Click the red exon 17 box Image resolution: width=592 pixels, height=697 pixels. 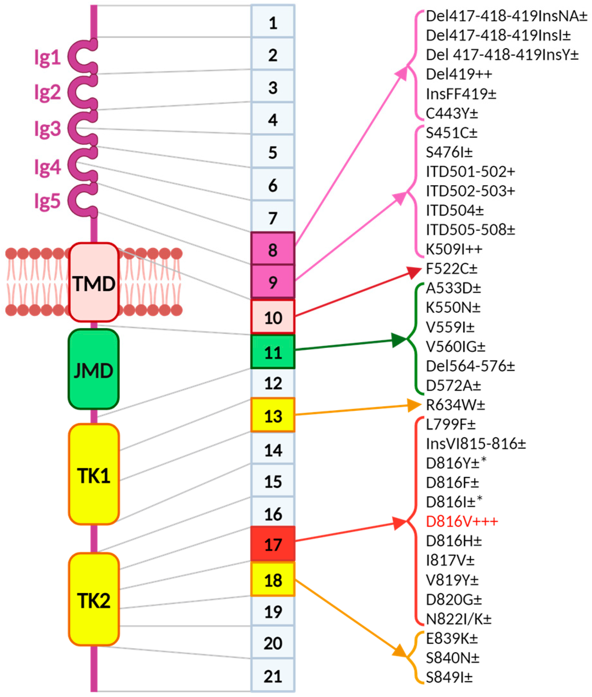[272, 544]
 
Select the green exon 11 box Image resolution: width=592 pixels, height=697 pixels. [272, 352]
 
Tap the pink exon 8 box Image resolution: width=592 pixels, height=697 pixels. [272, 249]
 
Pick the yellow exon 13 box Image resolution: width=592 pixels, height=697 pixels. [272, 415]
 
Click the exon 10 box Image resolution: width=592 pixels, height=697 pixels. [272, 317]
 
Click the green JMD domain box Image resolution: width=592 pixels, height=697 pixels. [94, 370]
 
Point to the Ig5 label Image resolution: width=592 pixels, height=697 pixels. [47, 201]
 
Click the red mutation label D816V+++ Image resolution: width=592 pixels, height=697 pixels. [462, 522]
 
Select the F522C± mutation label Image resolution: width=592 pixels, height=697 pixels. [451, 269]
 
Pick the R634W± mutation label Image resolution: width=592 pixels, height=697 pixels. [455, 405]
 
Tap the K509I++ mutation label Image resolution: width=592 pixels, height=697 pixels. [454, 249]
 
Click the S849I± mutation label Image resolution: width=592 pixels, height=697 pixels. [449, 677]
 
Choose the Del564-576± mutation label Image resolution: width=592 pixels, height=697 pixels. [470, 366]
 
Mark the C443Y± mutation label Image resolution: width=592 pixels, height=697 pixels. [452, 113]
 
